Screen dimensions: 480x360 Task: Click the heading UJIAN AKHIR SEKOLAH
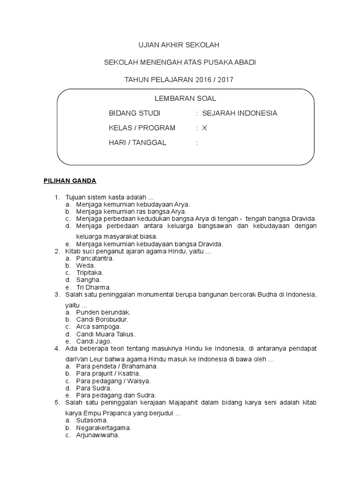click(x=178, y=45)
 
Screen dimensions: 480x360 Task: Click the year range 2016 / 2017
click(x=214, y=80)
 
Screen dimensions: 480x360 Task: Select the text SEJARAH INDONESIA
click(x=240, y=113)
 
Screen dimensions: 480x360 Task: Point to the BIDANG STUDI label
click(x=135, y=113)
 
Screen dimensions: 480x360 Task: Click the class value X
click(x=204, y=128)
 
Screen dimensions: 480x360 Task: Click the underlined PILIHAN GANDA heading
click(x=70, y=180)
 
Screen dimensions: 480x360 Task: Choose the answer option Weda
click(x=86, y=265)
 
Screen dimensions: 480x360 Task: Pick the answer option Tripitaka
click(x=90, y=272)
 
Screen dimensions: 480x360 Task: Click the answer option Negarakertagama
click(x=104, y=427)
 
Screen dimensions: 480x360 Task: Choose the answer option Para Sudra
click(x=94, y=388)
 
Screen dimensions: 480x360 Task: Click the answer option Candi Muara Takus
click(x=106, y=334)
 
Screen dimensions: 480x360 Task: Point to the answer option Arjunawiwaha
click(x=98, y=435)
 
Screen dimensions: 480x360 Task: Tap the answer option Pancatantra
click(x=95, y=258)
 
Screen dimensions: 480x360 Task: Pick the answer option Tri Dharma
click(x=94, y=287)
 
